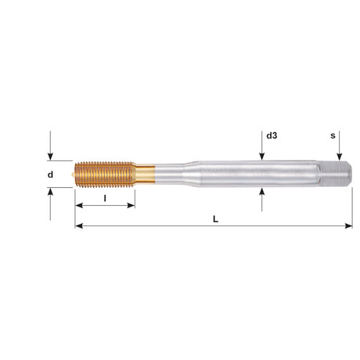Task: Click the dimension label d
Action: [x=50, y=175]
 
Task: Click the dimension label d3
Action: [x=272, y=135]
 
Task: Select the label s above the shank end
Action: [x=333, y=135]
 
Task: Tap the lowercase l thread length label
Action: [x=105, y=198]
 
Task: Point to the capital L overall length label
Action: [x=215, y=219]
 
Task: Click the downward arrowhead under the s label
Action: [x=340, y=157]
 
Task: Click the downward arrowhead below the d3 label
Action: [x=262, y=157]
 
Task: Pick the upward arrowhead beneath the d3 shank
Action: [x=262, y=191]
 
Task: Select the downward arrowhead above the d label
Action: [x=50, y=157]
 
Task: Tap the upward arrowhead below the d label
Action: [x=50, y=192]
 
